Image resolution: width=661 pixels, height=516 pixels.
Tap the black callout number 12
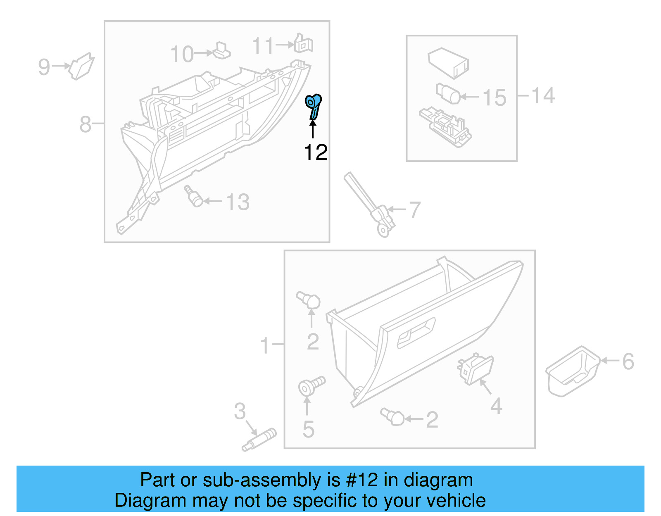pos(316,153)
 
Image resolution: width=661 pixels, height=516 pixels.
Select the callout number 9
pos(44,67)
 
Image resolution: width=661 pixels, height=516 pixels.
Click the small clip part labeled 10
pos(221,51)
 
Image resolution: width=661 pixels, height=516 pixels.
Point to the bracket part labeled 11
pos(304,44)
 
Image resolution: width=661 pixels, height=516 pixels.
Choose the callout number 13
pos(238,202)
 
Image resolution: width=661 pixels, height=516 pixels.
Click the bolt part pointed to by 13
pos(193,196)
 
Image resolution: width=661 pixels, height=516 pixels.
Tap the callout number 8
pos(85,124)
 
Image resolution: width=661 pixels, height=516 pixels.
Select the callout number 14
pos(543,95)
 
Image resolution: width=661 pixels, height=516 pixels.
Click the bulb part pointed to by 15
pos(448,94)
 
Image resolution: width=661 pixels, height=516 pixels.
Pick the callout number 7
pos(414,210)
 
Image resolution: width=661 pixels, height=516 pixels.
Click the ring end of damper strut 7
pos(384,231)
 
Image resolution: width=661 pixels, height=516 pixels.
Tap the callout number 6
pos(628,361)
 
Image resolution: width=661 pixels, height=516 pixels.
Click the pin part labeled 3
pos(260,440)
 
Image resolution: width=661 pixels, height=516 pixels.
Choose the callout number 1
pos(265,345)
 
